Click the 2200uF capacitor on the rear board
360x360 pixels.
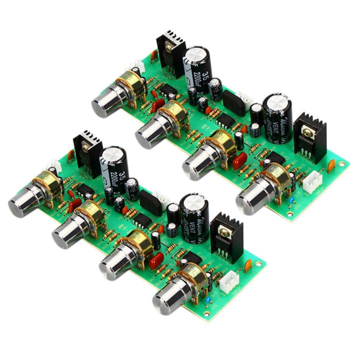click(x=197, y=70)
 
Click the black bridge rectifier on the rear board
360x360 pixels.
click(x=233, y=103)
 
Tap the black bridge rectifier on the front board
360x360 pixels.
click(x=150, y=202)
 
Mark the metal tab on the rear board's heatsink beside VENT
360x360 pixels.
click(x=308, y=131)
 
